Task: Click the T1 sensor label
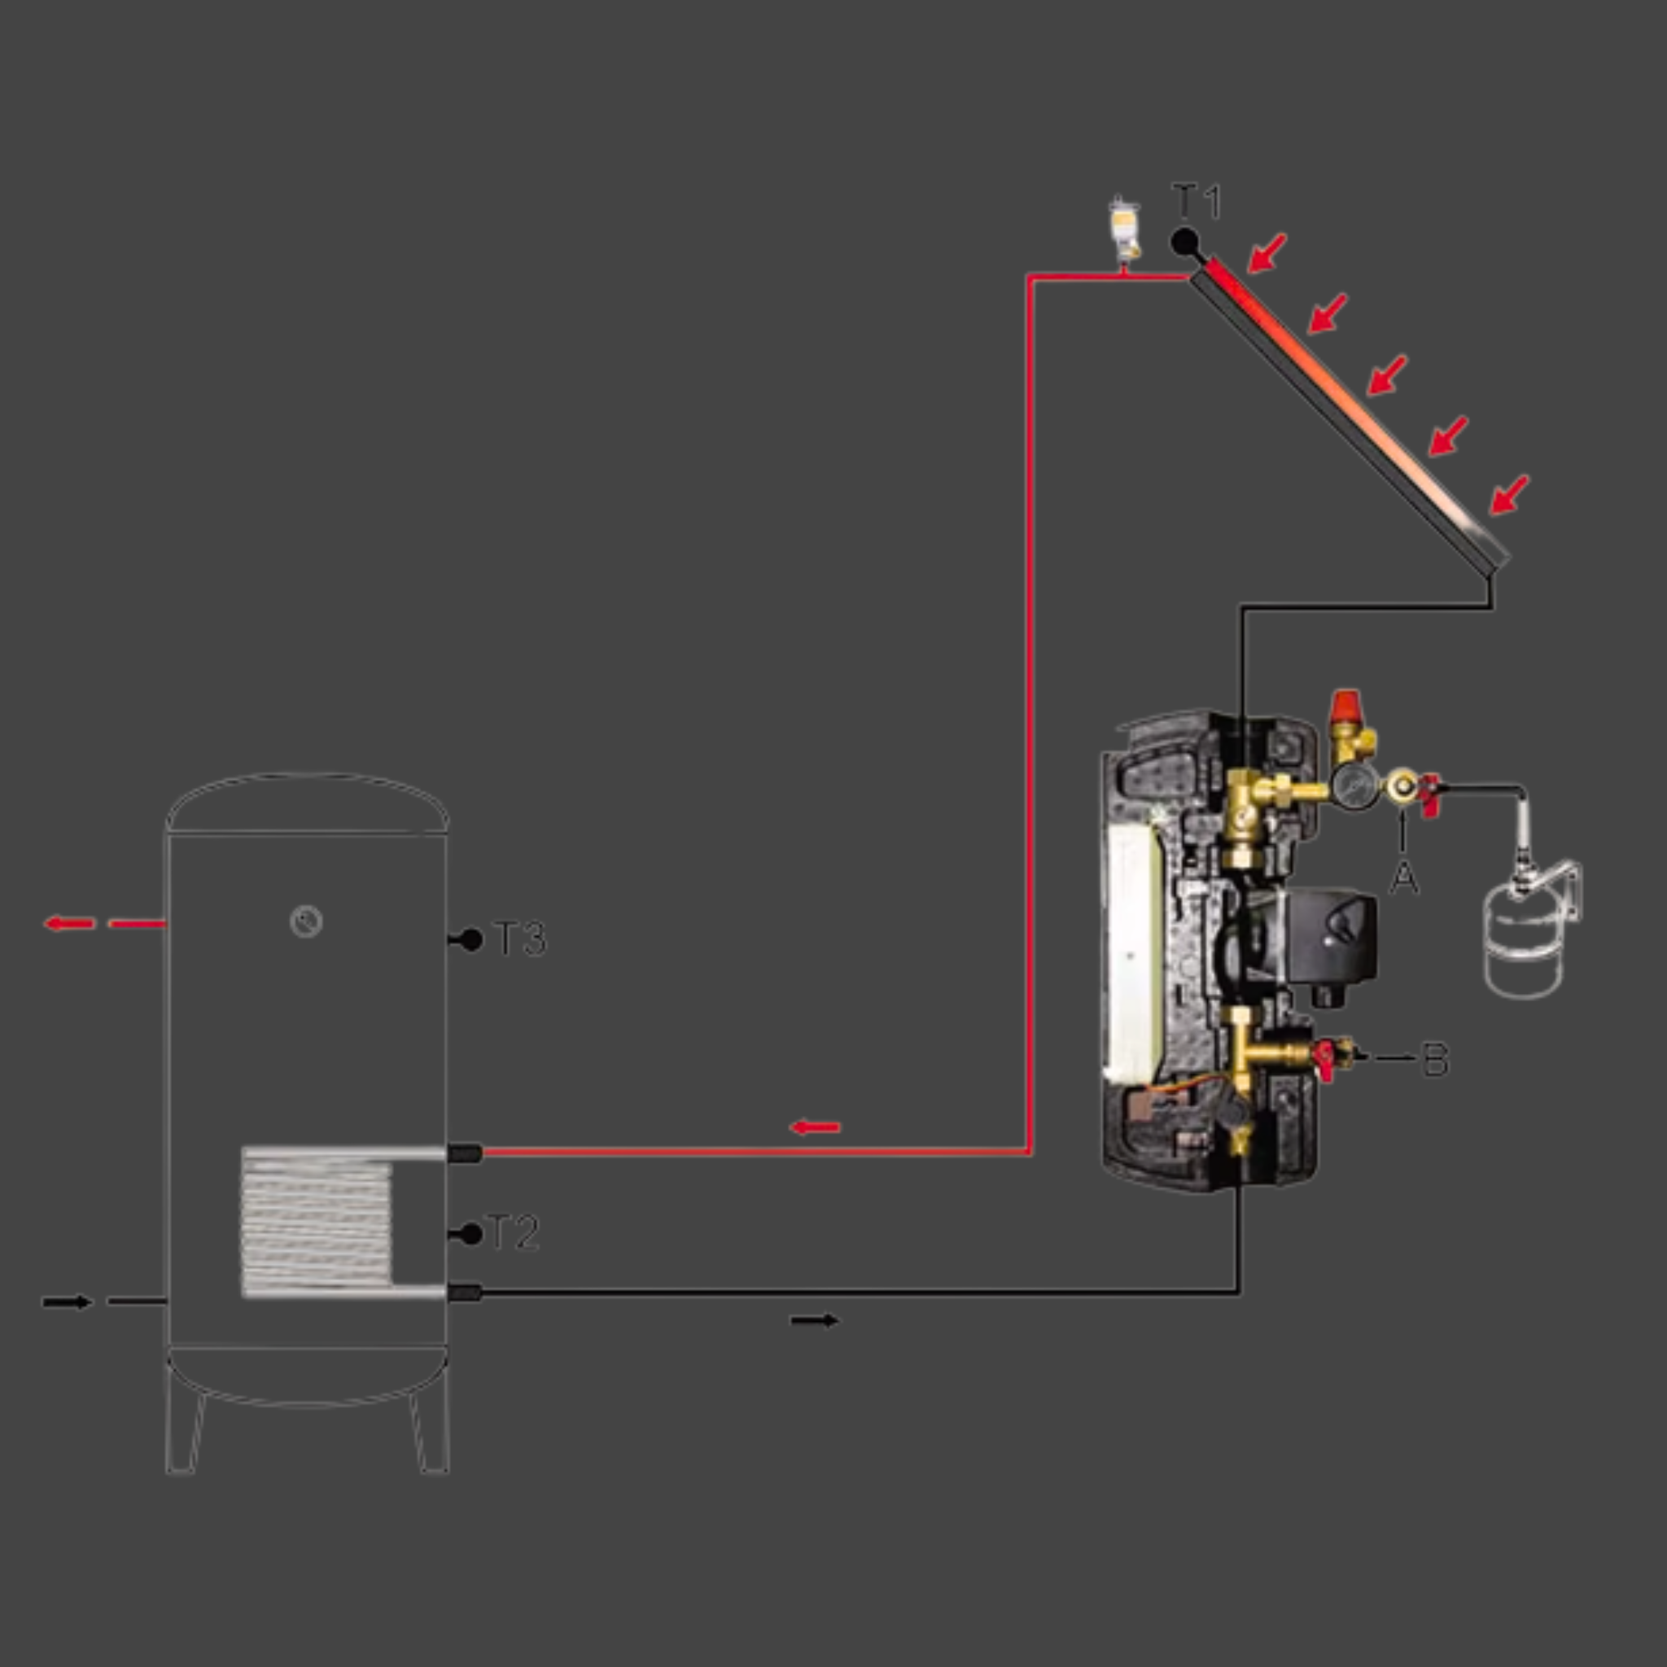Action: click(1197, 202)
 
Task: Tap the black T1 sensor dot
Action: click(1184, 242)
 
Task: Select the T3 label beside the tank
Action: click(520, 939)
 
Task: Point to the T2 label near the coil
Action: click(514, 1232)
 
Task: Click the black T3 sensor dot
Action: click(471, 939)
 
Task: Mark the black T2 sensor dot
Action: click(471, 1234)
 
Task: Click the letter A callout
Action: click(1404, 877)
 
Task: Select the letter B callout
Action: click(1435, 1059)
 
